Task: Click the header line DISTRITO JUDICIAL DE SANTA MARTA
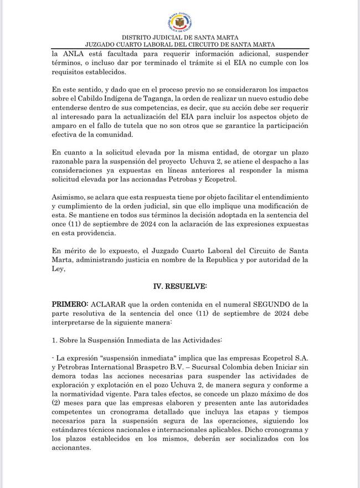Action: click(180, 36)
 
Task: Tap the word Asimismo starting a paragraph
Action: click(69, 197)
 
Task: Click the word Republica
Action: click(246, 259)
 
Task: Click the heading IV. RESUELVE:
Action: click(179, 286)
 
